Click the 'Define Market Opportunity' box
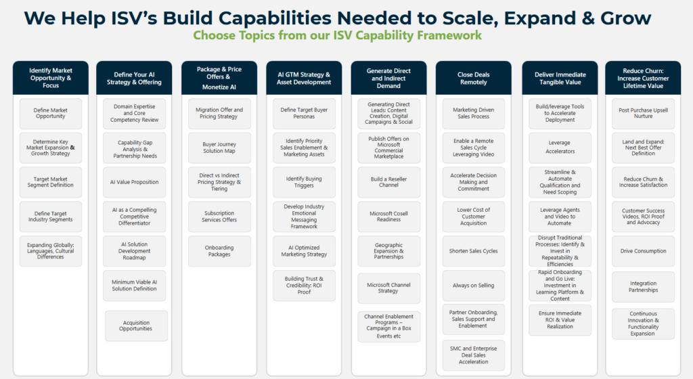coord(51,113)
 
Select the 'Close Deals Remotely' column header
coord(473,78)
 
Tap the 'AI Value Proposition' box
coord(135,182)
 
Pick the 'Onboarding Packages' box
coord(219,250)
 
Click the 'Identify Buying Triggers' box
coord(304,182)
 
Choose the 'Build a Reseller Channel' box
coord(388,181)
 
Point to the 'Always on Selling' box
coord(473,286)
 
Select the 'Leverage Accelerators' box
coord(559,147)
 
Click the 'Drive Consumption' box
coord(643,251)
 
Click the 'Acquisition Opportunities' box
coord(136,326)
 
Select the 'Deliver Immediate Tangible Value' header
coord(559,78)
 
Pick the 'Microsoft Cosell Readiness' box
coord(388,217)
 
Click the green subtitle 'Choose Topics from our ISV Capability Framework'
coord(337,35)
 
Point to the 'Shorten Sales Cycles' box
coord(473,251)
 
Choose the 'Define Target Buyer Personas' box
coord(304,113)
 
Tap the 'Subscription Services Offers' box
coord(219,217)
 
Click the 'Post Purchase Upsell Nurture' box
coord(643,113)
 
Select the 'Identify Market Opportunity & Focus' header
coord(51,78)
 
